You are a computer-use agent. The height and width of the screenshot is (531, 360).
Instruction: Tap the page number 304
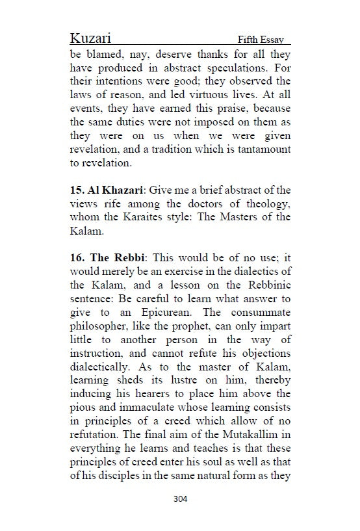click(x=181, y=499)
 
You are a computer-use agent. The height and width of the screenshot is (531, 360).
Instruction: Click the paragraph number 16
click(x=76, y=258)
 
